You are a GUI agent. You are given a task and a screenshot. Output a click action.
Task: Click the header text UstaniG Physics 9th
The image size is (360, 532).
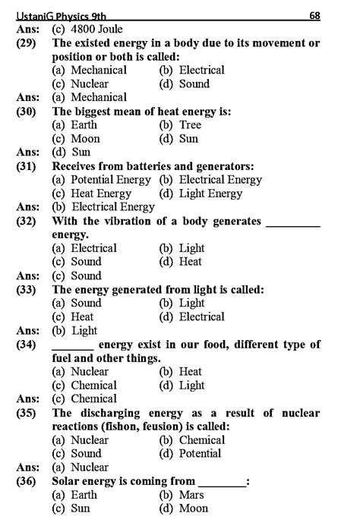point(58,15)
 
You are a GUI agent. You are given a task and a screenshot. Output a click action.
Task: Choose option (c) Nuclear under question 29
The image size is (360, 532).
point(80,83)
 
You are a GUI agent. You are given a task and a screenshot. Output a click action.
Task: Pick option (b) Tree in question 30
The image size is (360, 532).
point(179,124)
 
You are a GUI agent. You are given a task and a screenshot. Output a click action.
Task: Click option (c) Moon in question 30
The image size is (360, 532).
point(76,139)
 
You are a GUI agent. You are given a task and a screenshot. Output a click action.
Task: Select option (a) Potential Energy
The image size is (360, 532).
point(102,180)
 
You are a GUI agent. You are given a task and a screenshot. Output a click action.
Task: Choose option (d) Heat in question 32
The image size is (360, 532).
point(181,262)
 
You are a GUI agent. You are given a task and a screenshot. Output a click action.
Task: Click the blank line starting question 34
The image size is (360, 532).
point(73,345)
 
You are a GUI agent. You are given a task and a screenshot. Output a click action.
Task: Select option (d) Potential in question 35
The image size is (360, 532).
point(190,454)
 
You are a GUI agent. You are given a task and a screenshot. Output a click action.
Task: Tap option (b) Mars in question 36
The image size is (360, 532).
point(181,495)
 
